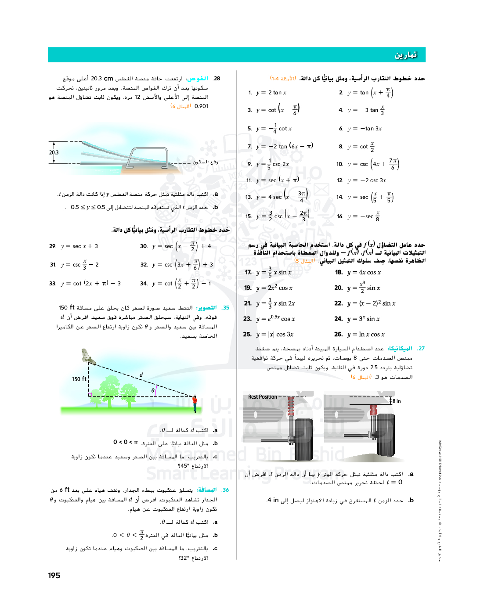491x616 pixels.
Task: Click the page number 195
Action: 54,576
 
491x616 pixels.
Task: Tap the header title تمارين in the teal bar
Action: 405,55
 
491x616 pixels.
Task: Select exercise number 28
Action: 217,79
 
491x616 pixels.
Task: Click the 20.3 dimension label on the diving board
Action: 54,153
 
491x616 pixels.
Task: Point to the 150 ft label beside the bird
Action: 79,379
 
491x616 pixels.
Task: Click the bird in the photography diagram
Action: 88,357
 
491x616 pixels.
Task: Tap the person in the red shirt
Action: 195,403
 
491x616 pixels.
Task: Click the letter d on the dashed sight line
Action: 141,375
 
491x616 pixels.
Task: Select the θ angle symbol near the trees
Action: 153,390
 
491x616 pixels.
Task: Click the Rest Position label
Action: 263,397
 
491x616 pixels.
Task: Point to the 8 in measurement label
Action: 397,401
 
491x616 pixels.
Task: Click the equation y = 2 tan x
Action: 271,93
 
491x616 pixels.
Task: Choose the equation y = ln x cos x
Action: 365,335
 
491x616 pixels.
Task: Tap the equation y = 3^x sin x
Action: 363,319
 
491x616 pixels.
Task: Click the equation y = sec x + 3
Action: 79,246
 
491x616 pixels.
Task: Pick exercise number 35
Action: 226,308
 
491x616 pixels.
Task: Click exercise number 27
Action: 421,349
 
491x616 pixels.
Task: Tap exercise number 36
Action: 226,490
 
